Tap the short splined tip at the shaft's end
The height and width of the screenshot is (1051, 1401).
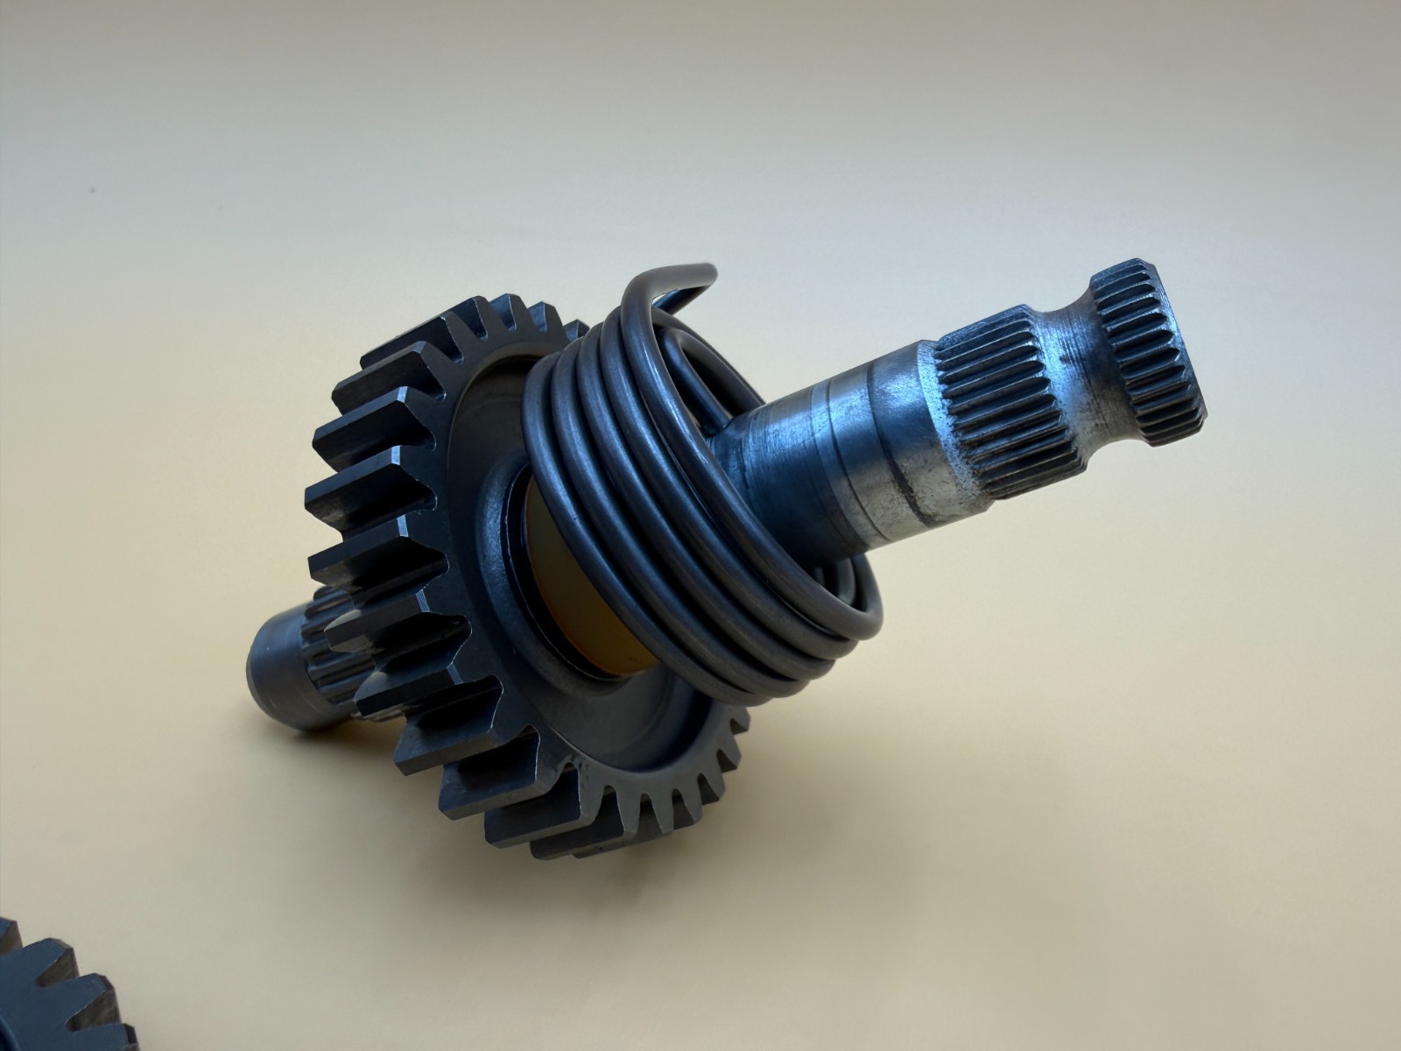[1147, 342]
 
